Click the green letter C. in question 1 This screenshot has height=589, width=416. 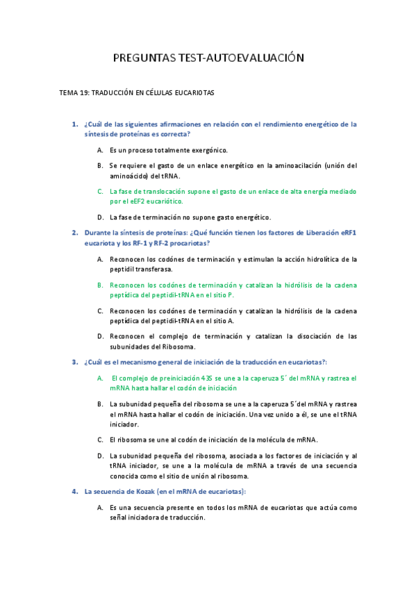tap(100, 190)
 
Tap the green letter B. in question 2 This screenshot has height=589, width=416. tap(100, 285)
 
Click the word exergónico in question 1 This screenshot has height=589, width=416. tap(208, 149)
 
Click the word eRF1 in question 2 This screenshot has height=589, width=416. tap(348, 233)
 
